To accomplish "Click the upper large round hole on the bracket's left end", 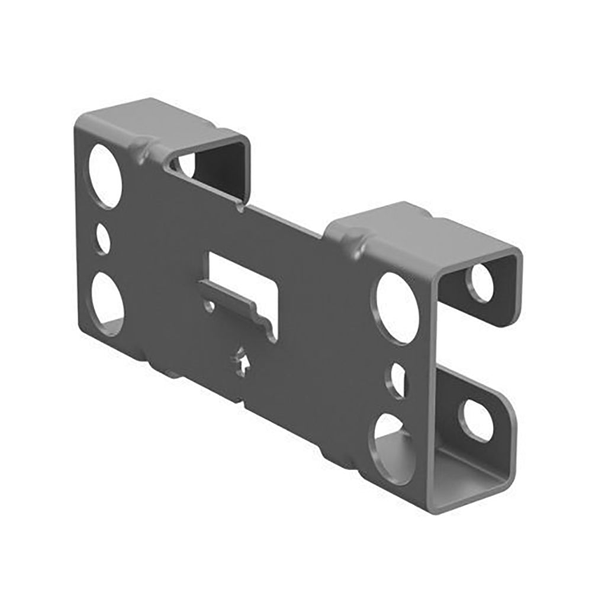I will (105, 176).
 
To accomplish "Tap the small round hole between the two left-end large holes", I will (103, 239).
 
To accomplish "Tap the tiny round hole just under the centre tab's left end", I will (208, 305).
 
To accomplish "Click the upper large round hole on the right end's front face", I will (398, 307).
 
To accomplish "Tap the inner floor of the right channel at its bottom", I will (468, 471).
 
